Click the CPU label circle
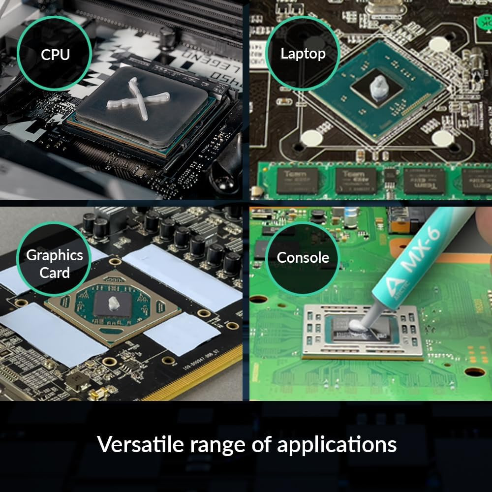pyautogui.click(x=55, y=54)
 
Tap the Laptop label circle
pyautogui.click(x=303, y=54)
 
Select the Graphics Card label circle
pyautogui.click(x=54, y=264)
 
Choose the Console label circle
pyautogui.click(x=303, y=257)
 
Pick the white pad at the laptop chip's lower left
pyautogui.click(x=311, y=138)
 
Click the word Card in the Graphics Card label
pyautogui.click(x=54, y=273)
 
